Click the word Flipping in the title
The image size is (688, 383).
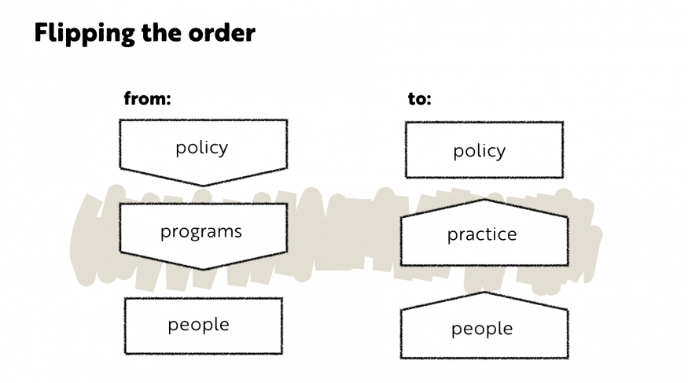(84, 33)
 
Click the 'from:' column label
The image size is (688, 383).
(147, 98)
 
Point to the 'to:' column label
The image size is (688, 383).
(419, 99)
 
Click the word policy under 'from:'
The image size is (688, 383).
(202, 148)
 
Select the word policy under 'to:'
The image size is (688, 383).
(479, 151)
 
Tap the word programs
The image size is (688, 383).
(201, 232)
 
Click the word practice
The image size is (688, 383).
(482, 234)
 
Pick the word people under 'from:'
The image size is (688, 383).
(198, 325)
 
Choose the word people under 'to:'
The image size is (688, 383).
(482, 329)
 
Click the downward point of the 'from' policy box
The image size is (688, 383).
(203, 185)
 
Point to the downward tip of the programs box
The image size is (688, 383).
(203, 269)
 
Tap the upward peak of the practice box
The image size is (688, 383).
(484, 200)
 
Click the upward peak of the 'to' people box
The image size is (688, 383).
(484, 293)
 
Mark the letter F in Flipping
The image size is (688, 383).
(41, 33)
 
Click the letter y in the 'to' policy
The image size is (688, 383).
(501, 153)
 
